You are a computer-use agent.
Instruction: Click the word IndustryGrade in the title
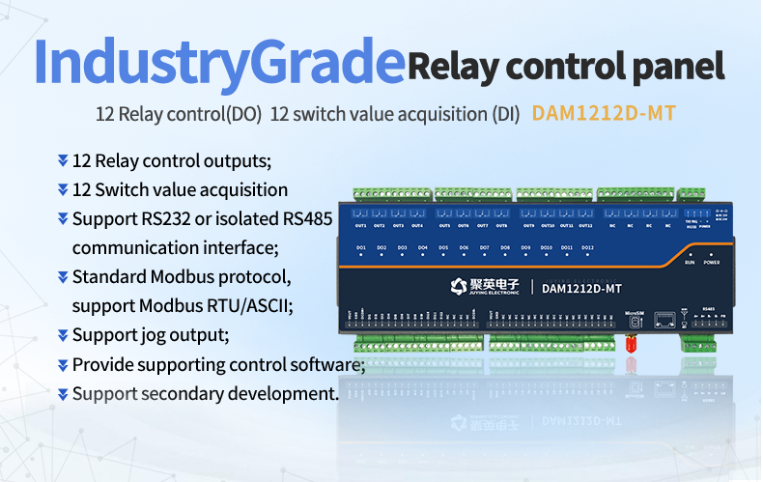(x=218, y=63)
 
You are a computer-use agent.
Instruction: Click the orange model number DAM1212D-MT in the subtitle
(x=603, y=113)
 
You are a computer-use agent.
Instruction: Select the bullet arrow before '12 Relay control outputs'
(x=63, y=159)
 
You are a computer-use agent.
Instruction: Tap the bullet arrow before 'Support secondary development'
(x=63, y=393)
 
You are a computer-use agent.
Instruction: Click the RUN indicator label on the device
(x=690, y=262)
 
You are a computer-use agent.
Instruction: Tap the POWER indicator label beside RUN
(x=712, y=262)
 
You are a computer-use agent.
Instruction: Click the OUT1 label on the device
(x=360, y=226)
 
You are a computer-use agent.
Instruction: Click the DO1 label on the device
(x=360, y=248)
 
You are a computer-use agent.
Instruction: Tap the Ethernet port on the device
(x=664, y=319)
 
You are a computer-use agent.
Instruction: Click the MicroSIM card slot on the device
(x=634, y=320)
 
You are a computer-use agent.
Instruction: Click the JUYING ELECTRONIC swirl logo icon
(x=459, y=285)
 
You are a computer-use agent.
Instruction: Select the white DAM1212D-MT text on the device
(x=581, y=286)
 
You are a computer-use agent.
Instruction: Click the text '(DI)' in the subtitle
(x=506, y=114)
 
